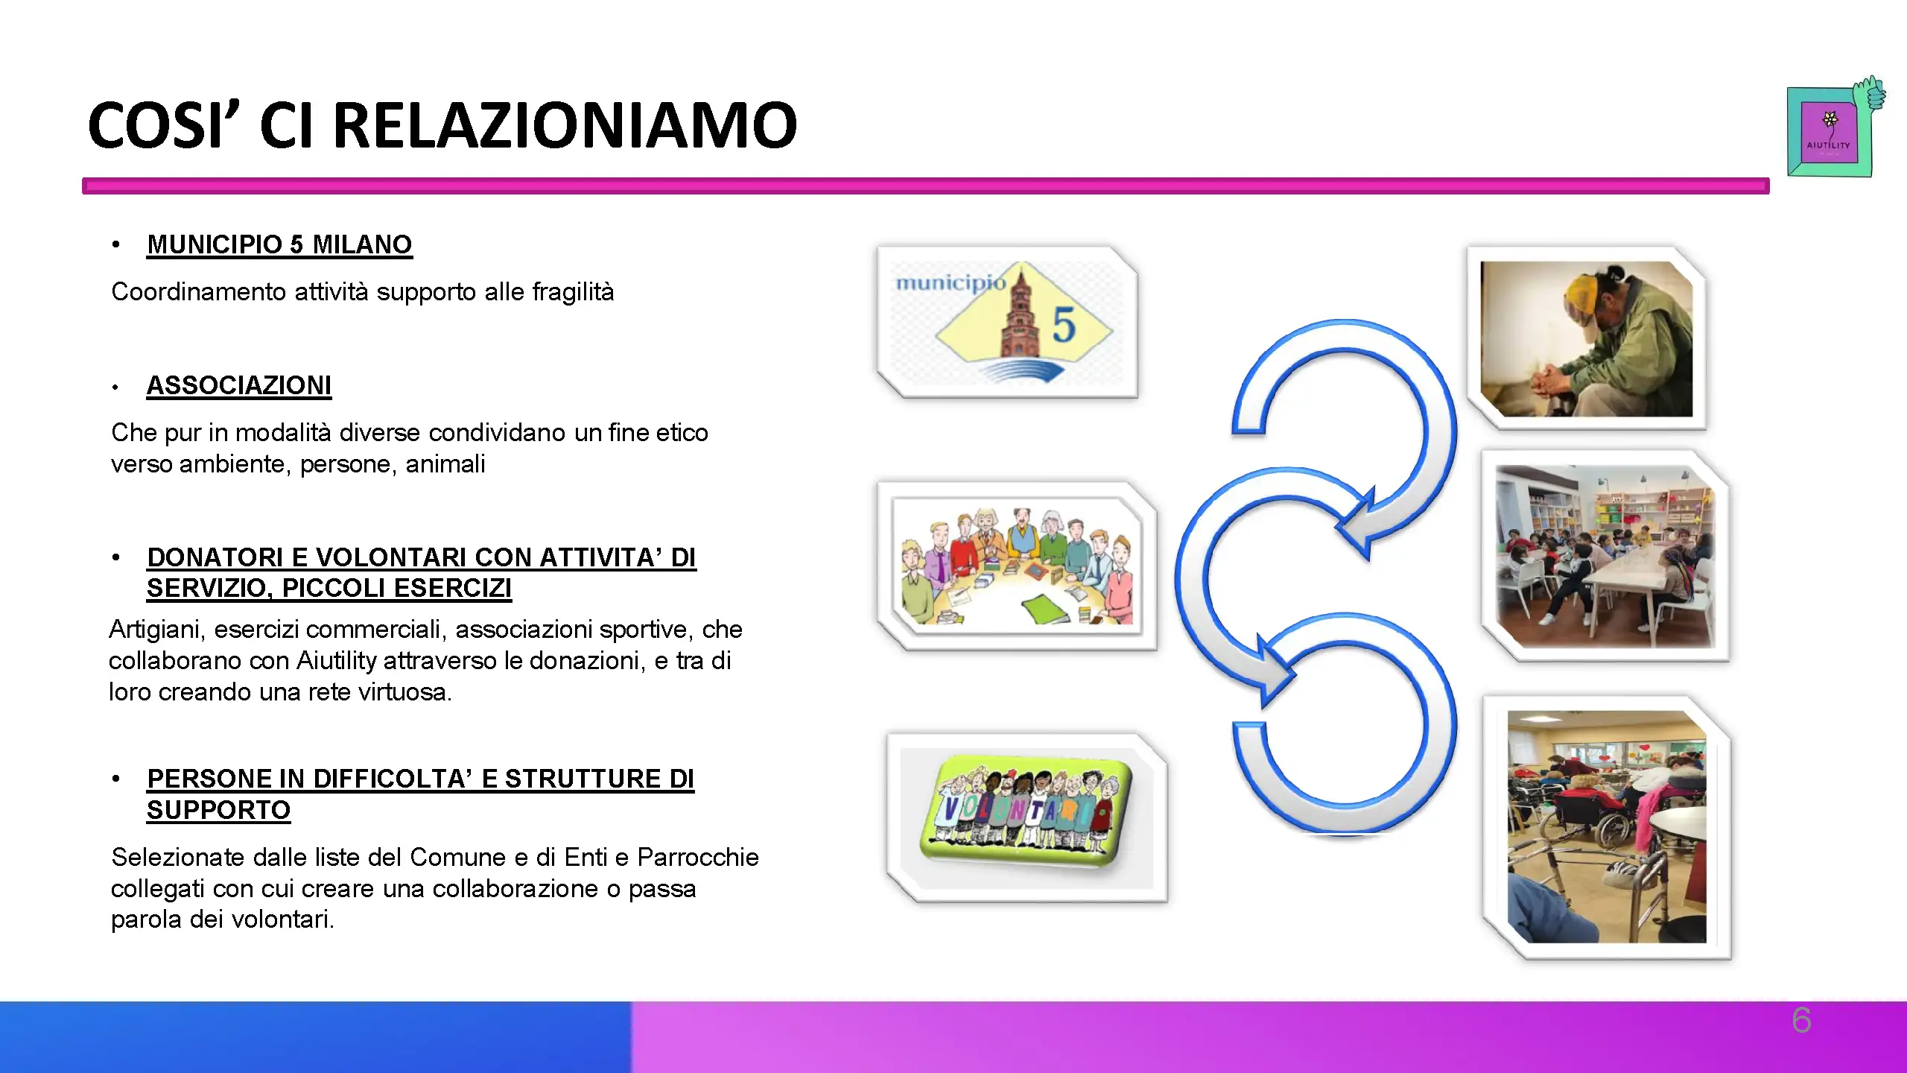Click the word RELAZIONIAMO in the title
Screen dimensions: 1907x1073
pyautogui.click(x=565, y=124)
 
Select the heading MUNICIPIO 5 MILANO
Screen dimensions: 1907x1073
pyautogui.click(x=279, y=244)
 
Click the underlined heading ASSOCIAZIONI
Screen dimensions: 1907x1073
pyautogui.click(x=239, y=385)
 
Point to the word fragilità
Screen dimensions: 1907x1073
pyautogui.click(x=573, y=291)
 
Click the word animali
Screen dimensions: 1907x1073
pyautogui.click(x=445, y=464)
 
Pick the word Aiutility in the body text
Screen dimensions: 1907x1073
pyautogui.click(x=337, y=661)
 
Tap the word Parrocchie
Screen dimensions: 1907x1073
pyautogui.click(x=698, y=858)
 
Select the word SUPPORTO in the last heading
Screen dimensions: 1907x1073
pyautogui.click(x=218, y=810)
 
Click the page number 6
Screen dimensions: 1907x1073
pyautogui.click(x=1801, y=1020)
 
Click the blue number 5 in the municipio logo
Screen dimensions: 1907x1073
pyautogui.click(x=1064, y=325)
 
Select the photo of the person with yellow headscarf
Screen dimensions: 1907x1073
pyautogui.click(x=1587, y=338)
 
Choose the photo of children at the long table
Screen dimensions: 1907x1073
pyautogui.click(x=1605, y=556)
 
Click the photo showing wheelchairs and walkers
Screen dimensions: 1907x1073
pyautogui.click(x=1607, y=827)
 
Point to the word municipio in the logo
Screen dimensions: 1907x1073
pyautogui.click(x=950, y=283)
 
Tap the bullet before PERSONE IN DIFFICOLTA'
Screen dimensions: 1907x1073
pyautogui.click(x=115, y=779)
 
